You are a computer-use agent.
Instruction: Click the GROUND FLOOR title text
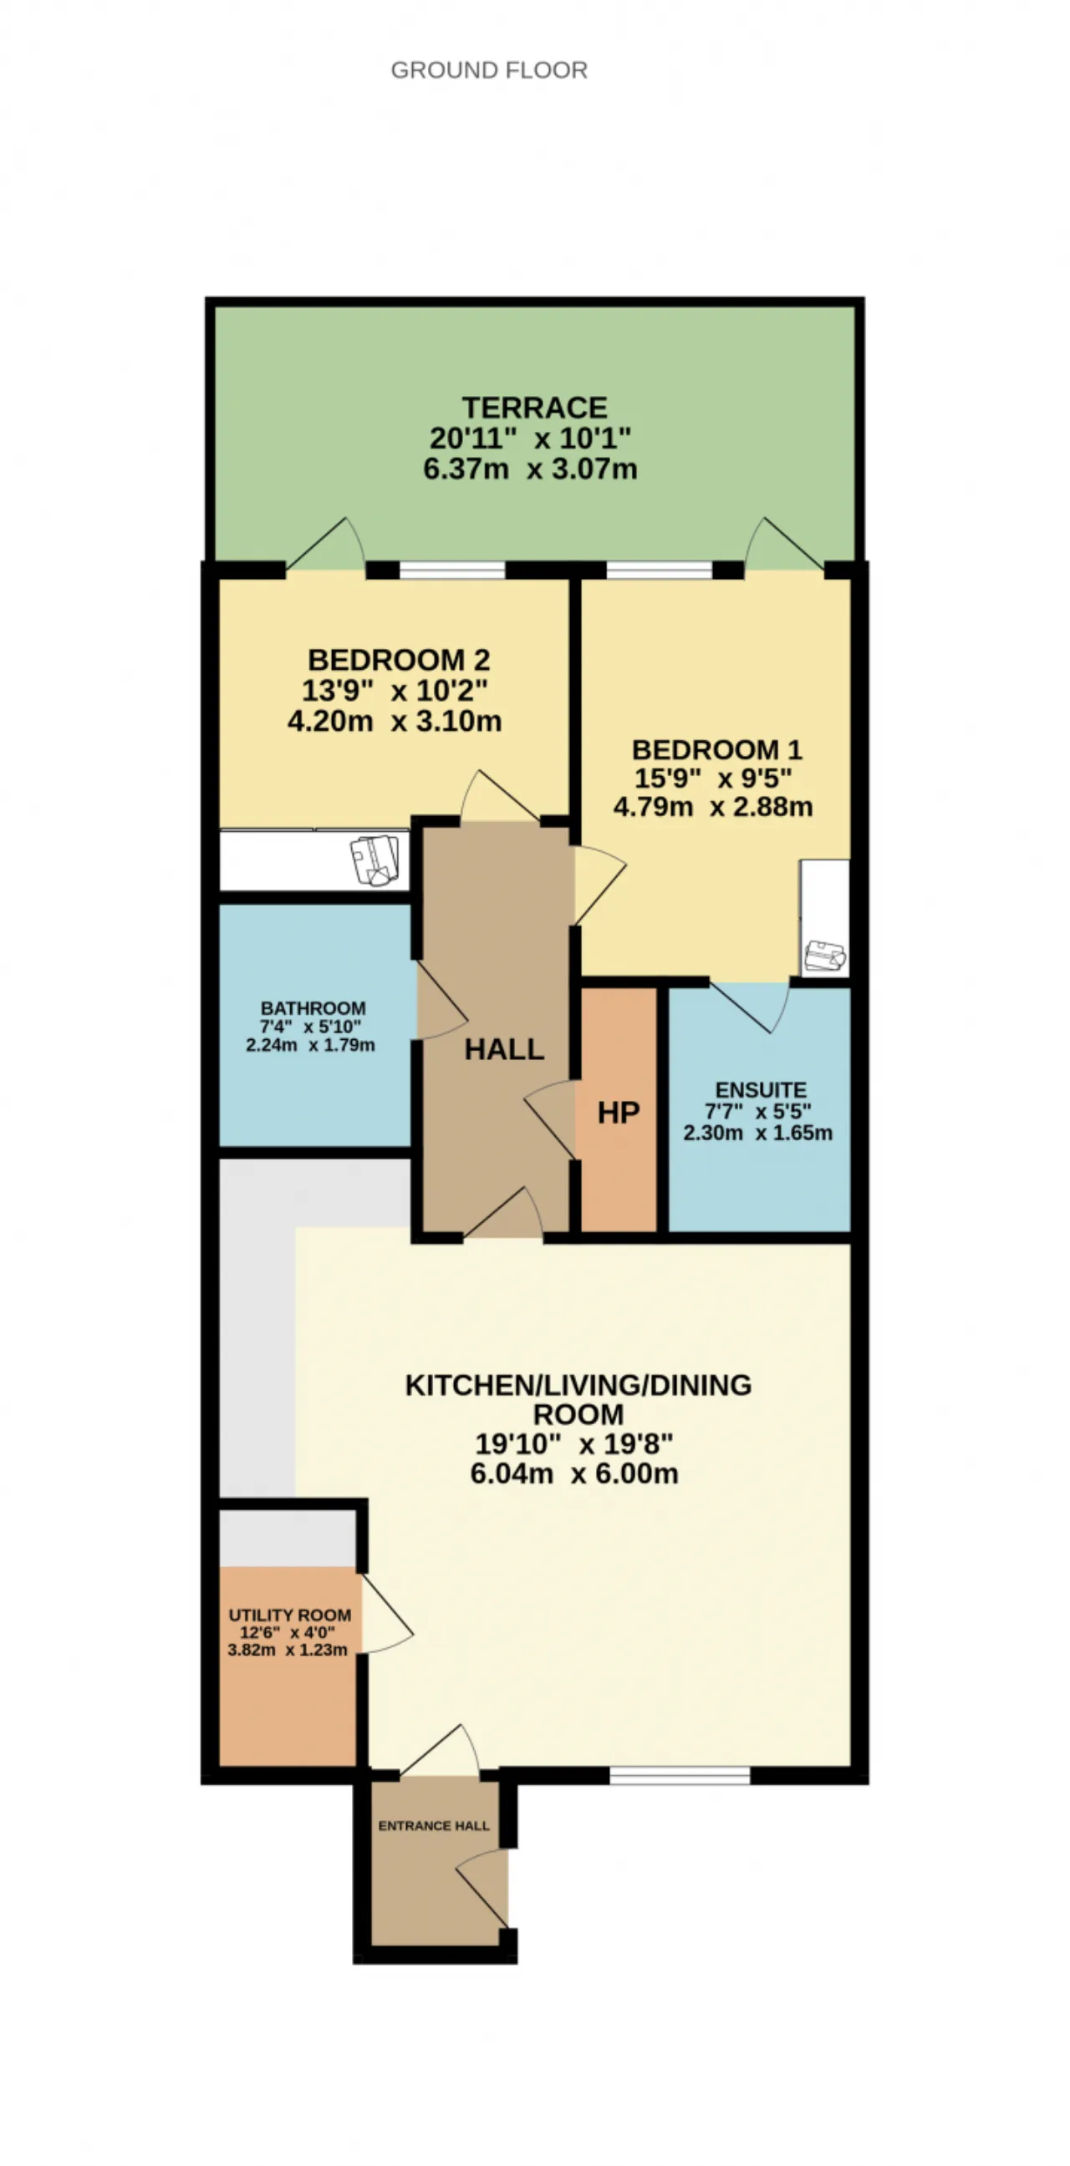click(489, 70)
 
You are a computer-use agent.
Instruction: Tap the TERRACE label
click(534, 408)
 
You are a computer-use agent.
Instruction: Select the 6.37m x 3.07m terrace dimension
click(530, 469)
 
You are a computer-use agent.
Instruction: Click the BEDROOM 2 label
click(399, 659)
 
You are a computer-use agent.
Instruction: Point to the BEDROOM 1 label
click(716, 749)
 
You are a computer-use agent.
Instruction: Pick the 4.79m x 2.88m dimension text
click(712, 806)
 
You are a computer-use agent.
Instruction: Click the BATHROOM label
click(313, 1007)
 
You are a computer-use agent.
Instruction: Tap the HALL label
click(504, 1048)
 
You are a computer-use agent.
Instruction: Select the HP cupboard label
click(619, 1113)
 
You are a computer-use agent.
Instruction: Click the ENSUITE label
click(761, 1090)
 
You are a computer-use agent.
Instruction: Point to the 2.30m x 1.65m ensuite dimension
click(757, 1133)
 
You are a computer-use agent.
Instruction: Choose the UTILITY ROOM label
click(290, 1615)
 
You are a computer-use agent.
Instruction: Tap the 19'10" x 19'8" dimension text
click(574, 1443)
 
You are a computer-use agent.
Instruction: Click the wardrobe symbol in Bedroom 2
click(375, 860)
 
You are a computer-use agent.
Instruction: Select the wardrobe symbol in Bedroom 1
click(825, 956)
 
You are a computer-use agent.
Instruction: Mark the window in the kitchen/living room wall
click(680, 1775)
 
